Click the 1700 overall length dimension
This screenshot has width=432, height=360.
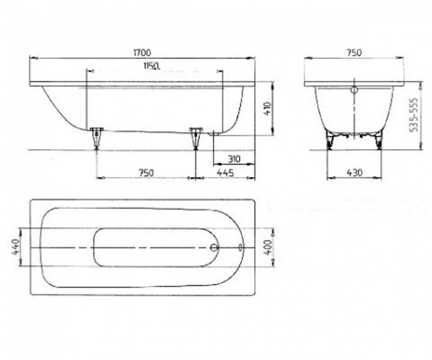coord(142,52)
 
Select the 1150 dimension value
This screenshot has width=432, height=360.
coord(152,66)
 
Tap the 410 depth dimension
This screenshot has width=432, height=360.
coord(267,109)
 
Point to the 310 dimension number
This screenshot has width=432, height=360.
coord(234,159)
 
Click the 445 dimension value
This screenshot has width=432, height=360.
coord(225,173)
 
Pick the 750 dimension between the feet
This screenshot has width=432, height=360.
coord(146,173)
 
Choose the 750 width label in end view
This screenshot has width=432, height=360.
coord(354,52)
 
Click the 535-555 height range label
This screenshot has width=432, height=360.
coord(414,115)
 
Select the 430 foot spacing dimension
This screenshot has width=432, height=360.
coord(354,173)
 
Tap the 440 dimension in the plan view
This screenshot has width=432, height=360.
coord(16,247)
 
